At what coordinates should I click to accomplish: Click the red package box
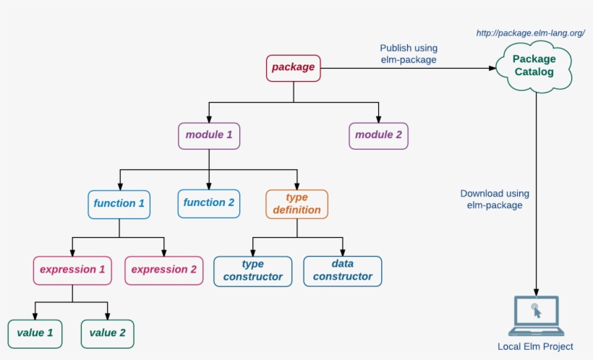coord(293,68)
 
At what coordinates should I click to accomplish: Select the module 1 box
coord(209,135)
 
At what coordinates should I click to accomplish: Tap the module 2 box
coord(378,135)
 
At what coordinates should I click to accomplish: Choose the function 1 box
coord(119,203)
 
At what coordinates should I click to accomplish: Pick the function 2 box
coord(209,203)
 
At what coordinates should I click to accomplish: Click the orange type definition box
coord(296,204)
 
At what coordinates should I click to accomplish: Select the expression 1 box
coord(72,270)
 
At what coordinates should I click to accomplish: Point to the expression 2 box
coord(163,270)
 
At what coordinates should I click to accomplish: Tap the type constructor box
coord(252,270)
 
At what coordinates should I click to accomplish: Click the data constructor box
coord(342,270)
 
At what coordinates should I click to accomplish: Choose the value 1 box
coord(35,333)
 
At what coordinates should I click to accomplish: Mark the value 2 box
coord(107,333)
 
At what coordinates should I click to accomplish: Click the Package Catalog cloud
coord(534,67)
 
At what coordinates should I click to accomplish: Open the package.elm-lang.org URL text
coord(530,33)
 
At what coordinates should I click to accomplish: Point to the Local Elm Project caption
coord(535,347)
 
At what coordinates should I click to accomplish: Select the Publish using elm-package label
coord(409,54)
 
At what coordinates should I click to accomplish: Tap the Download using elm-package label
coord(495,200)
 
